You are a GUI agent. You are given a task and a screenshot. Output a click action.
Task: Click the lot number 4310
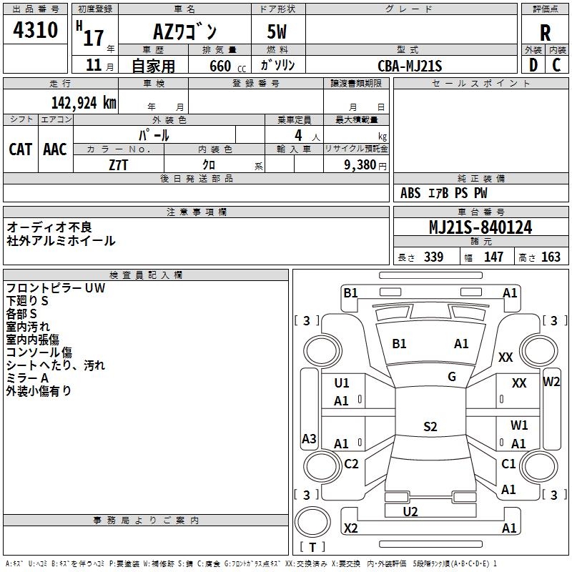35,29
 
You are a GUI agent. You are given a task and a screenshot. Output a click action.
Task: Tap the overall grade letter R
545,33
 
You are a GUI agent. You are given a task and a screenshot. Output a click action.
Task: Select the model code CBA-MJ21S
410,66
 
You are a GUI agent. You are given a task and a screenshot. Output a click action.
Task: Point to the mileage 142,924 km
84,103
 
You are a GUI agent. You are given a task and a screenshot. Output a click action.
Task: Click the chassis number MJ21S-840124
480,227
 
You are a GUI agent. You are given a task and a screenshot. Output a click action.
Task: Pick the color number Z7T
118,165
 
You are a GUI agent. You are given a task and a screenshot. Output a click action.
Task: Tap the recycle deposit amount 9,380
360,165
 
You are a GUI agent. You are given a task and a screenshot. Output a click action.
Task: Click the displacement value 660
220,66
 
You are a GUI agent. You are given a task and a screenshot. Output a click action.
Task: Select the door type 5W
277,31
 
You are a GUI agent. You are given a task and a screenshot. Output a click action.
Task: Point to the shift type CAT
21,149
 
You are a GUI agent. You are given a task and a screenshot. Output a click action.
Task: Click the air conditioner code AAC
55,149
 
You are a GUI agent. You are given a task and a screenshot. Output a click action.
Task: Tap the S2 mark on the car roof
430,426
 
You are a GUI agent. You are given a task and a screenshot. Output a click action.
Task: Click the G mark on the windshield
452,377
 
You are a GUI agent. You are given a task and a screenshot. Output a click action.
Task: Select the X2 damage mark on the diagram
350,528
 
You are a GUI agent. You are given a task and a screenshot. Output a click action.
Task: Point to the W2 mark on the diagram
551,382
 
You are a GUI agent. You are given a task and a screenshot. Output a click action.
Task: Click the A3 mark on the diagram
309,438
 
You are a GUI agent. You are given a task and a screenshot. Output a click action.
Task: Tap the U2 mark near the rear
410,512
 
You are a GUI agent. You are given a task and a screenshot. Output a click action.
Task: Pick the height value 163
551,257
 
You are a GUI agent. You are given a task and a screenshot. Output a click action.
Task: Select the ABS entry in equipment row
410,193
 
